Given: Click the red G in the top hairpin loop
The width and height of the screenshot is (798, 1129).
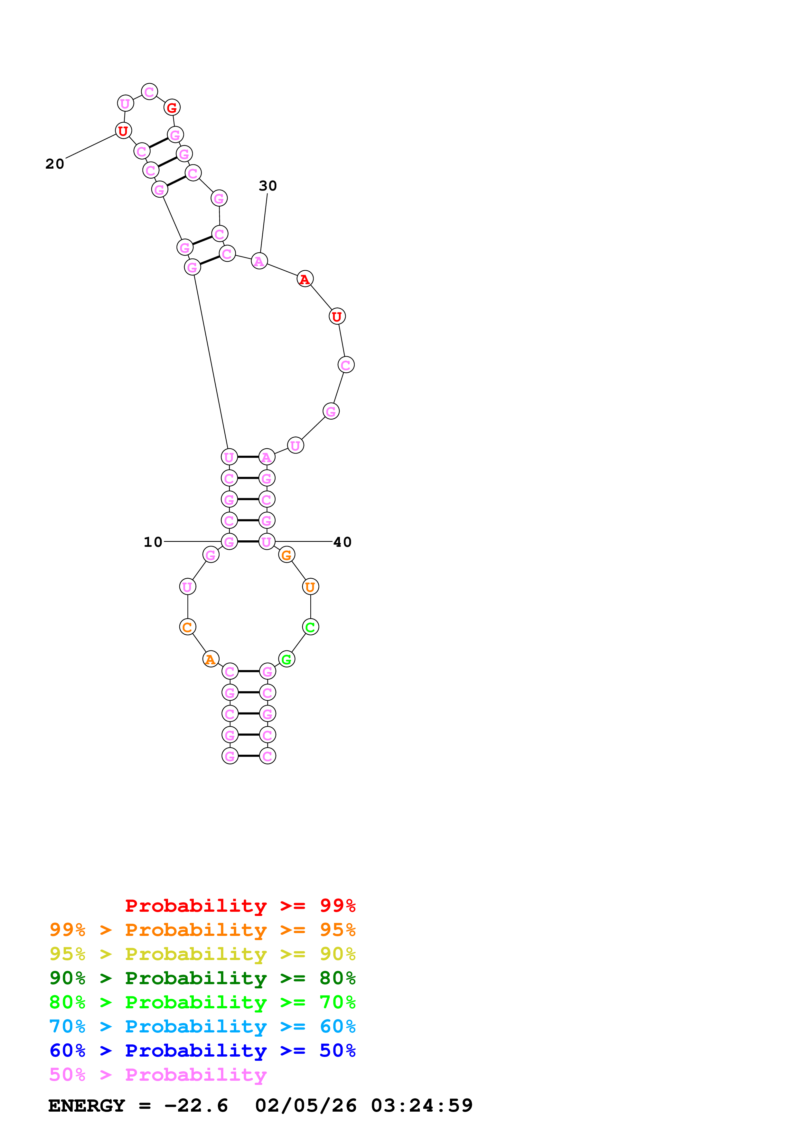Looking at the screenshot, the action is [172, 107].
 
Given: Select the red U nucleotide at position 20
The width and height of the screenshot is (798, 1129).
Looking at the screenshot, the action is [123, 131].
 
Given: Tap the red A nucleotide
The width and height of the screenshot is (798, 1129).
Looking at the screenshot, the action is [305, 279].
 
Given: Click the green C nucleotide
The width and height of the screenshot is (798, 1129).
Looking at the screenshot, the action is [310, 627].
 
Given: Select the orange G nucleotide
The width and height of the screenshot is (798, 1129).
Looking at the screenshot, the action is [286, 555].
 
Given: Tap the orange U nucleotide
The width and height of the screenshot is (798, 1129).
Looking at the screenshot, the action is [310, 587].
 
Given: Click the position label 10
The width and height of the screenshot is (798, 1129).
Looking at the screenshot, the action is [153, 542].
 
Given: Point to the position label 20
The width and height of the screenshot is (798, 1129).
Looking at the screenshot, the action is [55, 164].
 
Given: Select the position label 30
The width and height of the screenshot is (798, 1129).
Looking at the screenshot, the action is [268, 186].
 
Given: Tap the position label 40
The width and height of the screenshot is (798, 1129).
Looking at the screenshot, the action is [342, 542].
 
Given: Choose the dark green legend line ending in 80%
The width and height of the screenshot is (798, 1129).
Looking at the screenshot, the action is [202, 978].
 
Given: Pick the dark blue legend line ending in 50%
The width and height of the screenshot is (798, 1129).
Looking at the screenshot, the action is [202, 1050].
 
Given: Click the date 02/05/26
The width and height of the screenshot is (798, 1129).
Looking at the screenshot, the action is [305, 1106].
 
